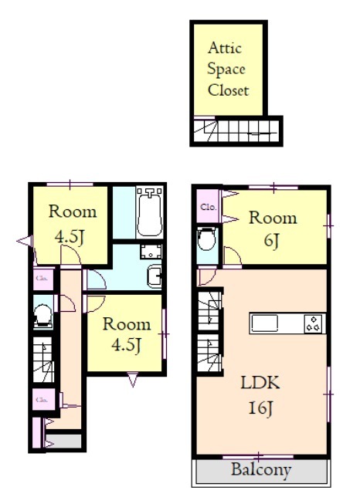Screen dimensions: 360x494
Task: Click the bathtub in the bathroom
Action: pos(150,212)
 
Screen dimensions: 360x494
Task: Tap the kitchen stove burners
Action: pos(314,323)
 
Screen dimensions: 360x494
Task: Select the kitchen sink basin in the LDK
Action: pos(264,323)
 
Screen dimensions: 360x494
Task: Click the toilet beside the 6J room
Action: pos(207,239)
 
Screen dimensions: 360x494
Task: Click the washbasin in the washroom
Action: pos(155,276)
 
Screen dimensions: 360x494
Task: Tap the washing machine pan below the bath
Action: pos(151,252)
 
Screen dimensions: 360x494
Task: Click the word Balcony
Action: pos(261,470)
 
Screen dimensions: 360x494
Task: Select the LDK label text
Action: pos(260,383)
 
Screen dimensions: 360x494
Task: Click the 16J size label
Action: pos(260,408)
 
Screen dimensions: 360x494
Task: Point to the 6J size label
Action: pos(272,241)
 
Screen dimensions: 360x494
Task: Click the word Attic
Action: pos(225,48)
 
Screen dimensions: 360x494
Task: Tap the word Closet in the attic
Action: pos(229,90)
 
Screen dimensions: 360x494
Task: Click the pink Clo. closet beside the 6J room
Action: pos(208,207)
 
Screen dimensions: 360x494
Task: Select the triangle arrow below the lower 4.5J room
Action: pos(133,379)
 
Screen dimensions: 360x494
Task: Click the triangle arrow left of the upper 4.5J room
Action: pos(25,242)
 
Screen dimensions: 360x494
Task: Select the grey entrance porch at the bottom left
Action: pos(63,441)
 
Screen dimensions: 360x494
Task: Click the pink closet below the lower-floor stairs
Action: pos(44,400)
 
